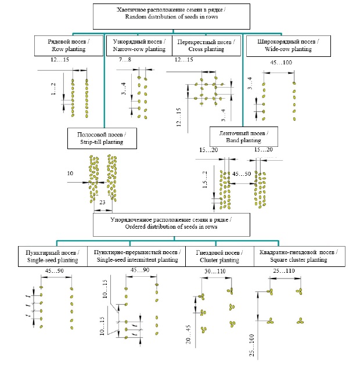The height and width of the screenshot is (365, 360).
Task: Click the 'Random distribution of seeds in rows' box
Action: pyautogui.click(x=173, y=16)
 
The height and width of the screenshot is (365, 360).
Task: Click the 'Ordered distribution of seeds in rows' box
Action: pyautogui.click(x=173, y=224)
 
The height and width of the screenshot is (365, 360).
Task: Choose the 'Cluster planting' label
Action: pyautogui.click(x=218, y=256)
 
